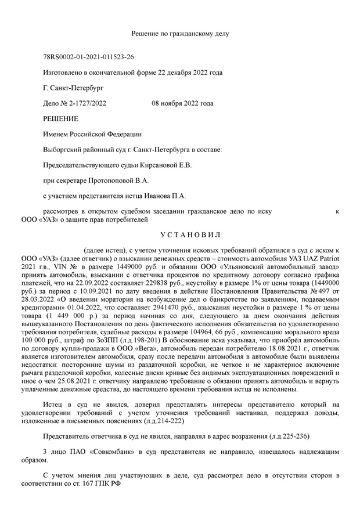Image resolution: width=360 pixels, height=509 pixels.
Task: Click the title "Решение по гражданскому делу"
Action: (x=180, y=34)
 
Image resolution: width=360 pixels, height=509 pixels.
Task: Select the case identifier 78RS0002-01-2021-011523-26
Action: (x=89, y=57)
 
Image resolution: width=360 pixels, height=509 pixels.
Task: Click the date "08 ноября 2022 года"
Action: (x=182, y=103)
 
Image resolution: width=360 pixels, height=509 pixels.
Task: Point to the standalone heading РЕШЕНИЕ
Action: (x=60, y=118)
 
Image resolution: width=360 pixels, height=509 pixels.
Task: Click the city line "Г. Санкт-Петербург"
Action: (x=73, y=88)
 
